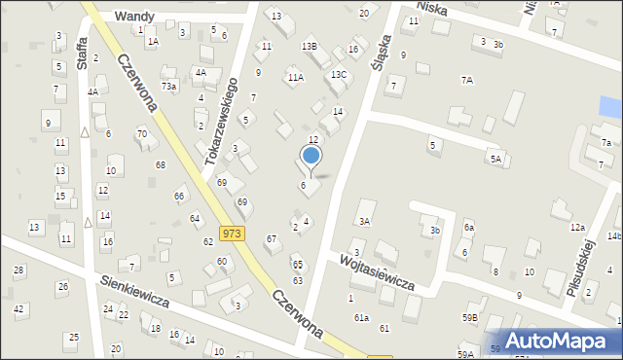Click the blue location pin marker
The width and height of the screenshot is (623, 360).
(311, 156)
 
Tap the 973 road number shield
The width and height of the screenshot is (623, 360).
(232, 234)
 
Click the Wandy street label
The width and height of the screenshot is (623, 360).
(134, 17)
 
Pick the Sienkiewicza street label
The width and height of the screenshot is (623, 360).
(134, 289)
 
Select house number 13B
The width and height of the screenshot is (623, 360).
(309, 47)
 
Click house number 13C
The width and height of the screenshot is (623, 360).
(338, 74)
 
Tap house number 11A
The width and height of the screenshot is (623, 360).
(294, 77)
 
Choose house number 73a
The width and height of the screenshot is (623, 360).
(169, 87)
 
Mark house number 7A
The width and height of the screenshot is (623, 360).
(467, 80)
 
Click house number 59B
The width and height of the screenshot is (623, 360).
(471, 317)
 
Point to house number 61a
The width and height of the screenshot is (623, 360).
(361, 317)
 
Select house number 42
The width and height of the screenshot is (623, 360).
(18, 308)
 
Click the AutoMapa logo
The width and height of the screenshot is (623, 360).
(563, 341)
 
